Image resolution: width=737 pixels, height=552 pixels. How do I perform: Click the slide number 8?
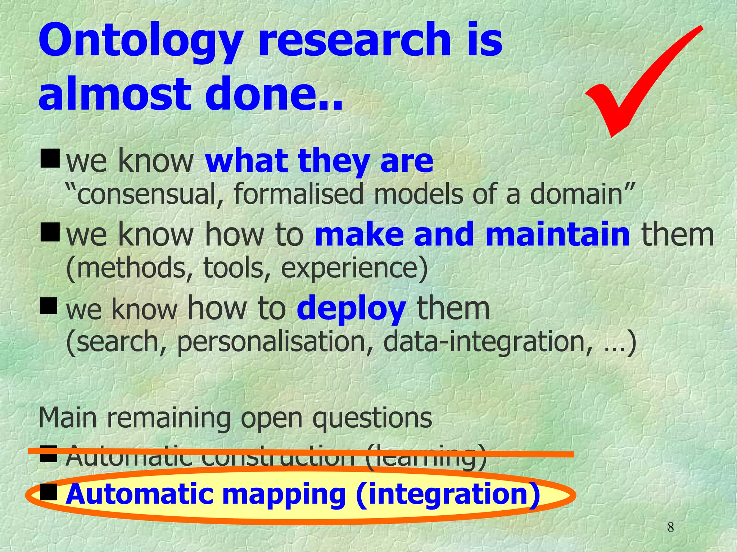[x=670, y=528]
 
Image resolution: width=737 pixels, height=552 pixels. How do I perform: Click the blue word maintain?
[x=557, y=234]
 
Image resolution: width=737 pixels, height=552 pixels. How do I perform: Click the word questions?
[x=372, y=419]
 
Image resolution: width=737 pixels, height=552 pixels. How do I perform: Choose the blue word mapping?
[x=284, y=495]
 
